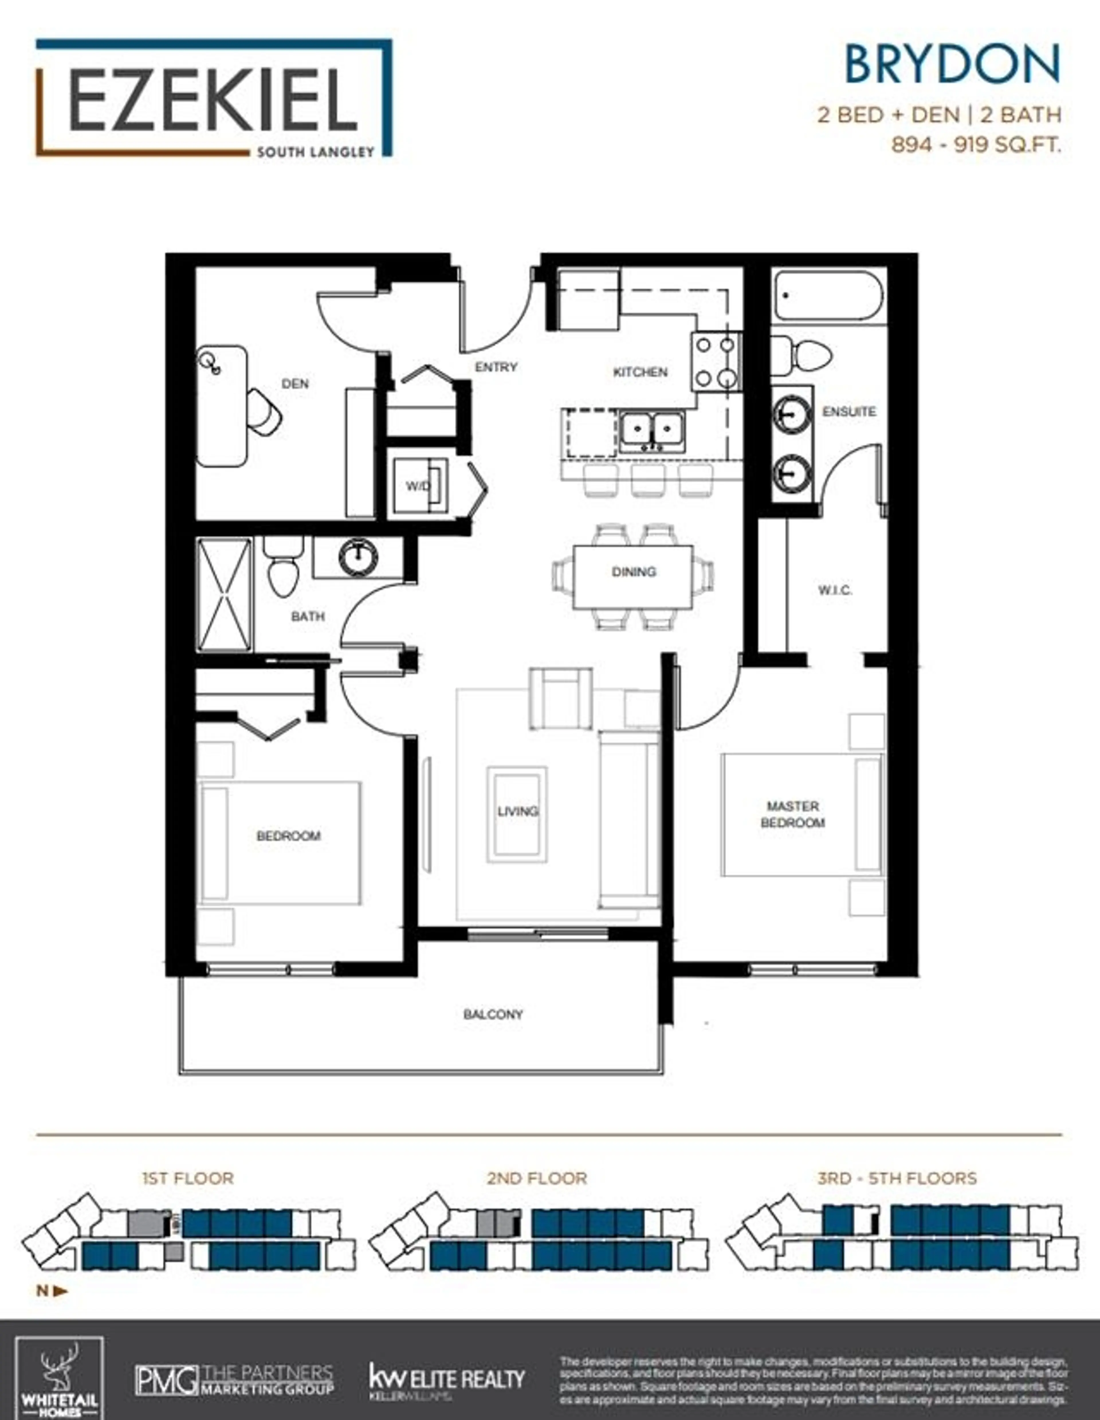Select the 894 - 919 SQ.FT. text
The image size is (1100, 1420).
click(975, 144)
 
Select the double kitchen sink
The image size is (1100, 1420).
click(651, 430)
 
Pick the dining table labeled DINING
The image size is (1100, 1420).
click(632, 577)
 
